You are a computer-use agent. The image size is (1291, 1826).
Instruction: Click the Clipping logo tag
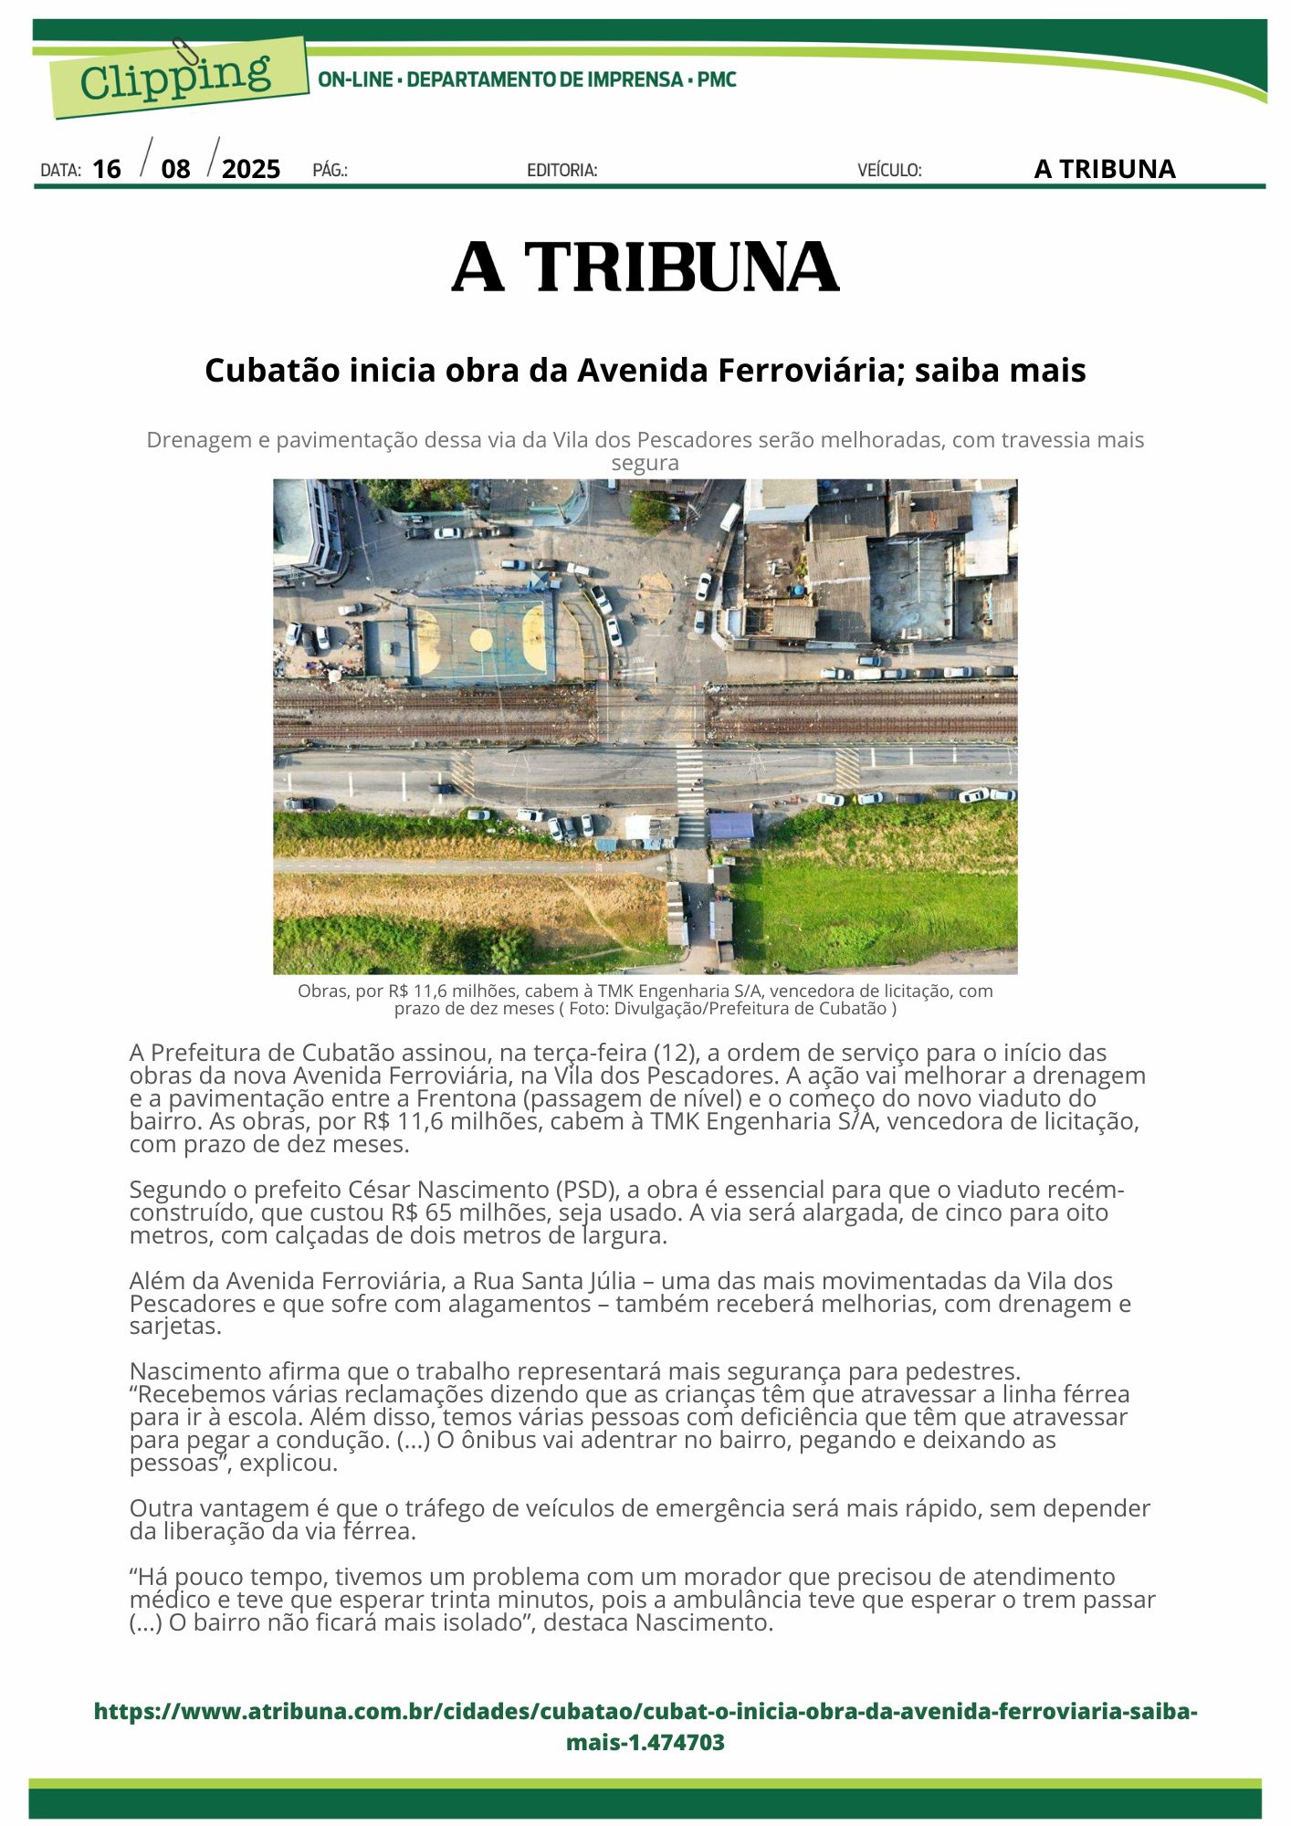(178, 79)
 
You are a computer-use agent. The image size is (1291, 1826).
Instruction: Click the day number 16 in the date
(107, 169)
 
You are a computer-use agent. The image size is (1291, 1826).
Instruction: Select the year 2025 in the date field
(251, 169)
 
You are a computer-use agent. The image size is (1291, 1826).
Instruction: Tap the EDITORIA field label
(562, 171)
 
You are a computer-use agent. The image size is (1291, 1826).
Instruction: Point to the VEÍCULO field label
(889, 171)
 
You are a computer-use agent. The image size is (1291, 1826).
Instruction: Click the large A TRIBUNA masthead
(645, 268)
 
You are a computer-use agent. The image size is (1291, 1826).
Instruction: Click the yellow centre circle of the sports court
(480, 637)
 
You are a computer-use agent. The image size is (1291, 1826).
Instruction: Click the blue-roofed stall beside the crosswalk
(731, 826)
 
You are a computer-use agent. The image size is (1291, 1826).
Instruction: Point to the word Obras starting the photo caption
(320, 992)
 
